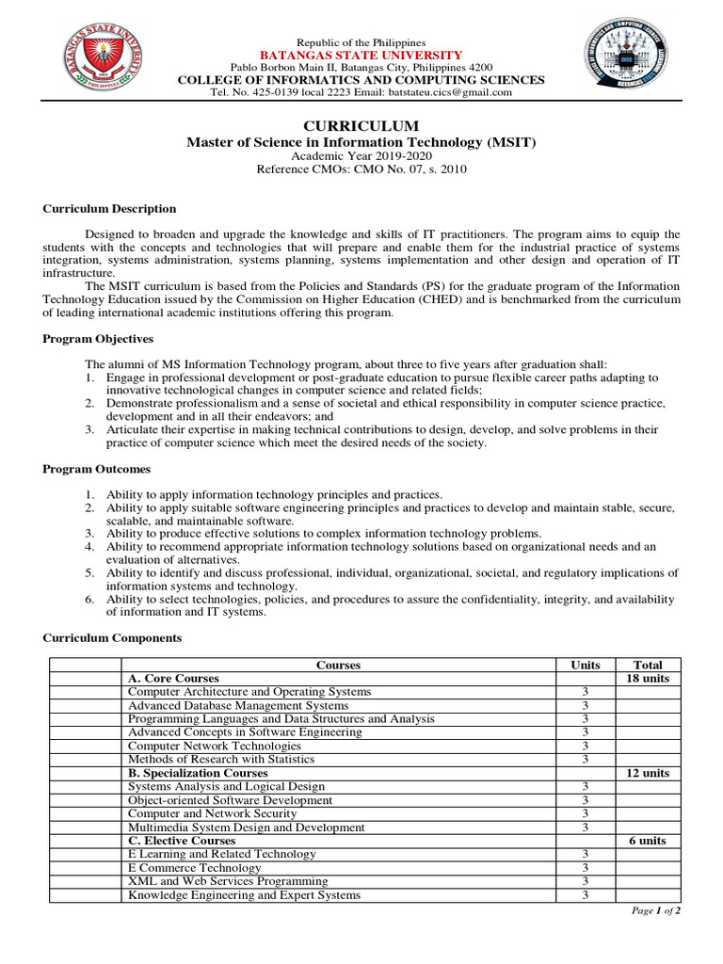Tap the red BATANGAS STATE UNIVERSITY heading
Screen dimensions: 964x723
pos(361,56)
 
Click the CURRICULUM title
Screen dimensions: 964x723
pos(361,126)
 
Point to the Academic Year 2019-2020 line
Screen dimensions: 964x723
pos(361,156)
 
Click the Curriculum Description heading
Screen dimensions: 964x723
pos(109,209)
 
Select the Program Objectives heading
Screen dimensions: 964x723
pos(98,339)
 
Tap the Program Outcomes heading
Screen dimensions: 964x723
pos(96,469)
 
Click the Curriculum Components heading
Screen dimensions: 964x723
pos(112,638)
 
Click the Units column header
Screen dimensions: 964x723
pos(585,666)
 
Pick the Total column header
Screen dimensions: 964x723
pos(648,666)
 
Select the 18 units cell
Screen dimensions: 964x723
pos(648,679)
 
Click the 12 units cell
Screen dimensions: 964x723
pos(648,773)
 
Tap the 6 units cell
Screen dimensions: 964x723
pos(648,841)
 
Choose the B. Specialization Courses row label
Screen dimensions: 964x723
pos(198,773)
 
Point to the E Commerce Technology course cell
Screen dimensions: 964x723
pos(195,868)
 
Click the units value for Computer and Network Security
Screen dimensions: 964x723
pos(585,813)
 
